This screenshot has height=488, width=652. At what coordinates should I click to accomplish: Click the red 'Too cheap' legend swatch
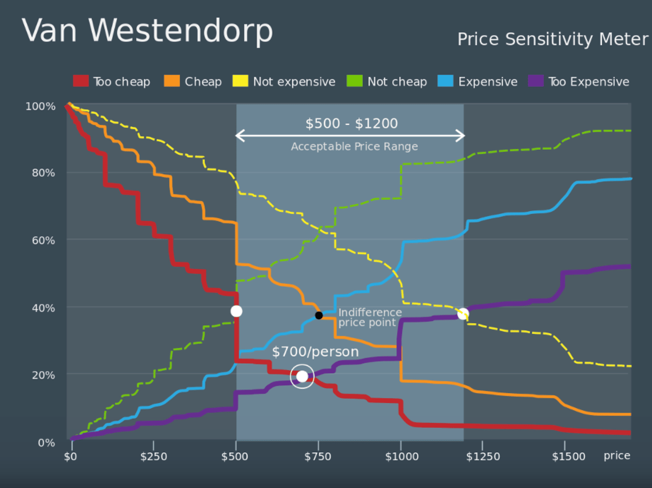pyautogui.click(x=81, y=81)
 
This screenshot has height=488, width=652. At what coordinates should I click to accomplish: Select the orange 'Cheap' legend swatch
pyautogui.click(x=172, y=81)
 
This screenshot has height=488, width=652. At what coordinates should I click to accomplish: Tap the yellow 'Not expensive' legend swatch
pyautogui.click(x=240, y=81)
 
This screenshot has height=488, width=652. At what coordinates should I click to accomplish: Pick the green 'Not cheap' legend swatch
pyautogui.click(x=355, y=81)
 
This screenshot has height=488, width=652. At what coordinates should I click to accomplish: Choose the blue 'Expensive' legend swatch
pyautogui.click(x=445, y=81)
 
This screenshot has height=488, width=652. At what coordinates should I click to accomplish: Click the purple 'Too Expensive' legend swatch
pyautogui.click(x=536, y=81)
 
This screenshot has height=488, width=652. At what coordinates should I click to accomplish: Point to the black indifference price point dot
pyautogui.click(x=319, y=315)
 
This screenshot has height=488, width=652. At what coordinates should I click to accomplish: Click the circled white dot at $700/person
pyautogui.click(x=302, y=376)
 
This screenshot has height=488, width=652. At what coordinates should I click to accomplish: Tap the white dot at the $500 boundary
pyautogui.click(x=236, y=311)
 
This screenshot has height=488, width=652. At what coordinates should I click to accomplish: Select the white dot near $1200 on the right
pyautogui.click(x=463, y=313)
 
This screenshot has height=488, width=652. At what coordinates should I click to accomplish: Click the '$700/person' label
pyautogui.click(x=315, y=351)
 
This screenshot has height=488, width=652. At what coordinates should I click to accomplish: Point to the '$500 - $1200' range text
pyautogui.click(x=351, y=123)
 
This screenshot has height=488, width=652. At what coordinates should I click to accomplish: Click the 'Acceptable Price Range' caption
pyautogui.click(x=354, y=146)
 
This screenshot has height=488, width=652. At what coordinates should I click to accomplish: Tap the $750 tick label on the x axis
pyautogui.click(x=318, y=457)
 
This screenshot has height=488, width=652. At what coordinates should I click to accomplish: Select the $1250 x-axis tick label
pyautogui.click(x=483, y=457)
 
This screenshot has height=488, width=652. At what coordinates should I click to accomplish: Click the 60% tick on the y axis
pyautogui.click(x=43, y=240)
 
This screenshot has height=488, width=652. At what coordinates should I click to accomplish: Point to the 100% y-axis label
pyautogui.click(x=40, y=107)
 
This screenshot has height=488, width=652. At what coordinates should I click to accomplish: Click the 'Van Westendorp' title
pyautogui.click(x=147, y=31)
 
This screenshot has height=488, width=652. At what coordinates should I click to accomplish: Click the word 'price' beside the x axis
pyautogui.click(x=616, y=456)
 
